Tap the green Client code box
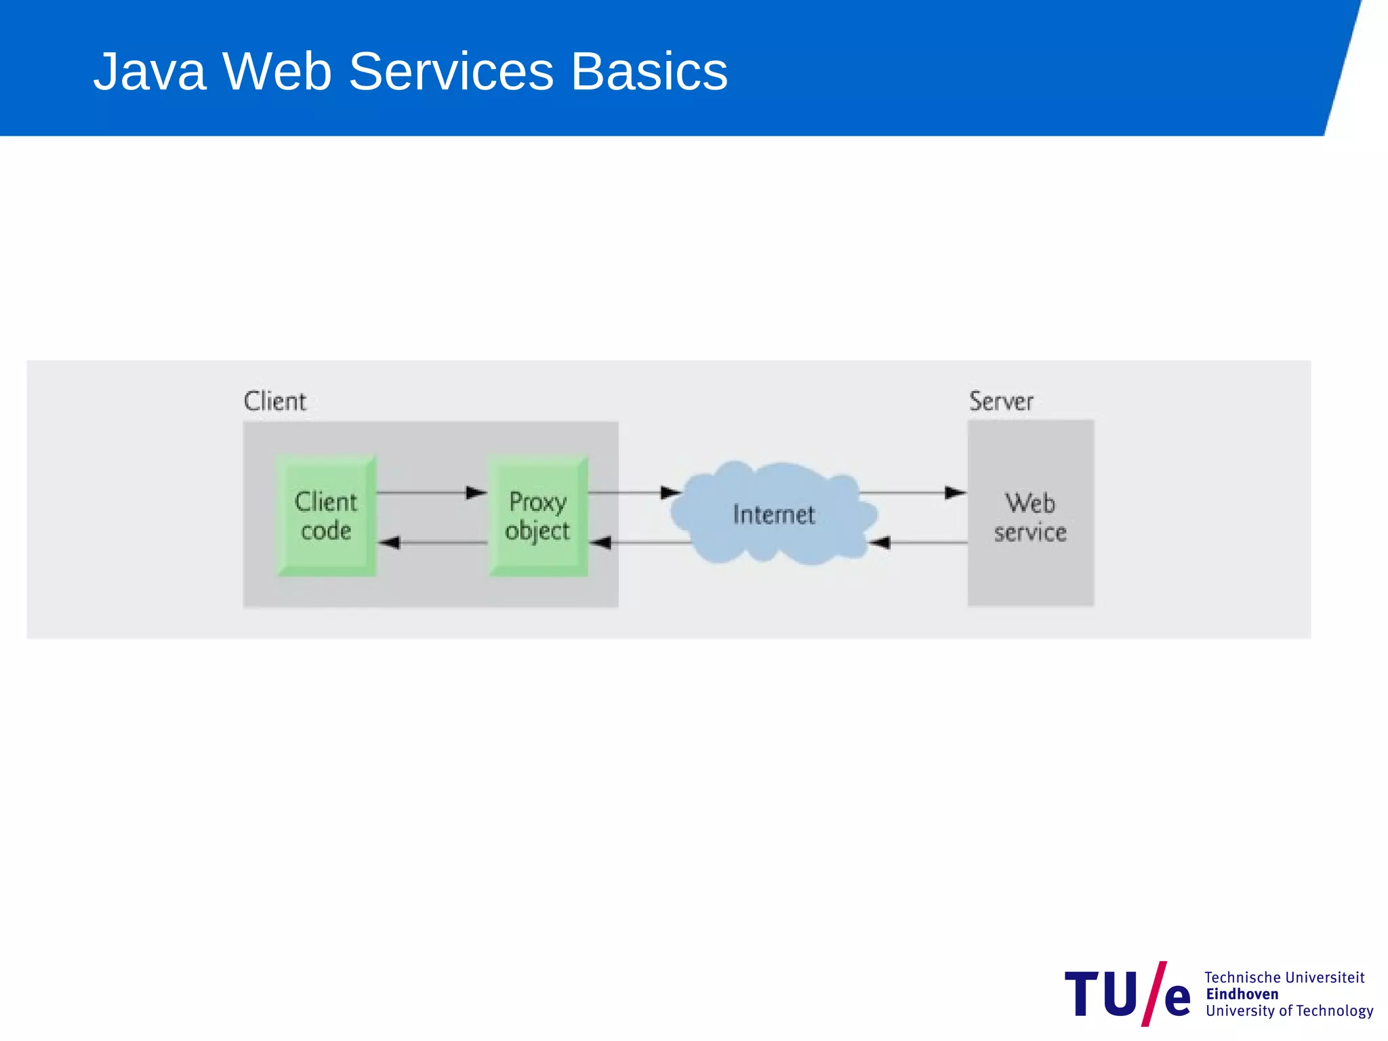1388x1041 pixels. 326,516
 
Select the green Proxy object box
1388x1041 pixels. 538,516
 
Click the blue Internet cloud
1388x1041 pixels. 773,514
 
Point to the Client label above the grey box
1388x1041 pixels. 274,401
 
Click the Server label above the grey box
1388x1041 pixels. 1001,401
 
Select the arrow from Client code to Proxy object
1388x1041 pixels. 432,493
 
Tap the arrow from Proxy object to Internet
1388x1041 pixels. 634,493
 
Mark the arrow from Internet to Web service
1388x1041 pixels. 912,493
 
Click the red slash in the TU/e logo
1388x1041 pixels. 1153,994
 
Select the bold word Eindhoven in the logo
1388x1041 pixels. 1242,994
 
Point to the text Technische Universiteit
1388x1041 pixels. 1284,977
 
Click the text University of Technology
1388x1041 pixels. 1289,1011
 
